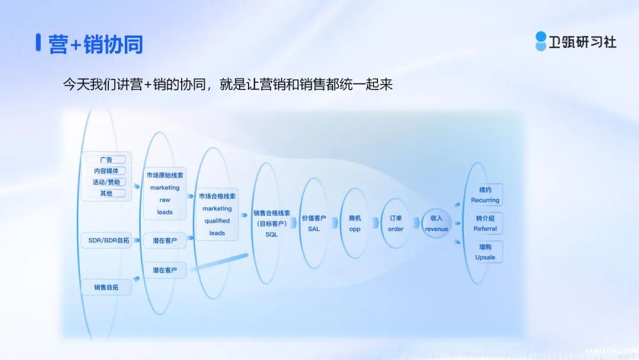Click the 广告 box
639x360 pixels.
(106, 159)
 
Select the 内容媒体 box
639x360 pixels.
(106, 171)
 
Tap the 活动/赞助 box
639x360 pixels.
(106, 182)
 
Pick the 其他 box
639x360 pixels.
(106, 193)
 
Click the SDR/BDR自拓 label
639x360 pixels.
(108, 240)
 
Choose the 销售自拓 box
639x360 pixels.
(106, 287)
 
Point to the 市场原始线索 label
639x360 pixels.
(164, 175)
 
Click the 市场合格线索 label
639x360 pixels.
(217, 196)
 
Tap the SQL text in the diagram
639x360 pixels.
(272, 234)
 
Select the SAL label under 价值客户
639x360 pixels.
(314, 229)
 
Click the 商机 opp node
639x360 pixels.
(354, 223)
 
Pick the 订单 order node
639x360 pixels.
(395, 223)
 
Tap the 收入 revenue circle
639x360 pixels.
(436, 223)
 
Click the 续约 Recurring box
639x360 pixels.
(485, 195)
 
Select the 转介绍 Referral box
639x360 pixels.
(485, 223)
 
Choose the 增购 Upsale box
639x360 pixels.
(485, 252)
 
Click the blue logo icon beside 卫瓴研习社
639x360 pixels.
(541, 41)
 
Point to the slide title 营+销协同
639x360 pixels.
(96, 44)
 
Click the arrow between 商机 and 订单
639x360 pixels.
(375, 223)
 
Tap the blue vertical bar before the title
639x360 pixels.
(38, 43)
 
